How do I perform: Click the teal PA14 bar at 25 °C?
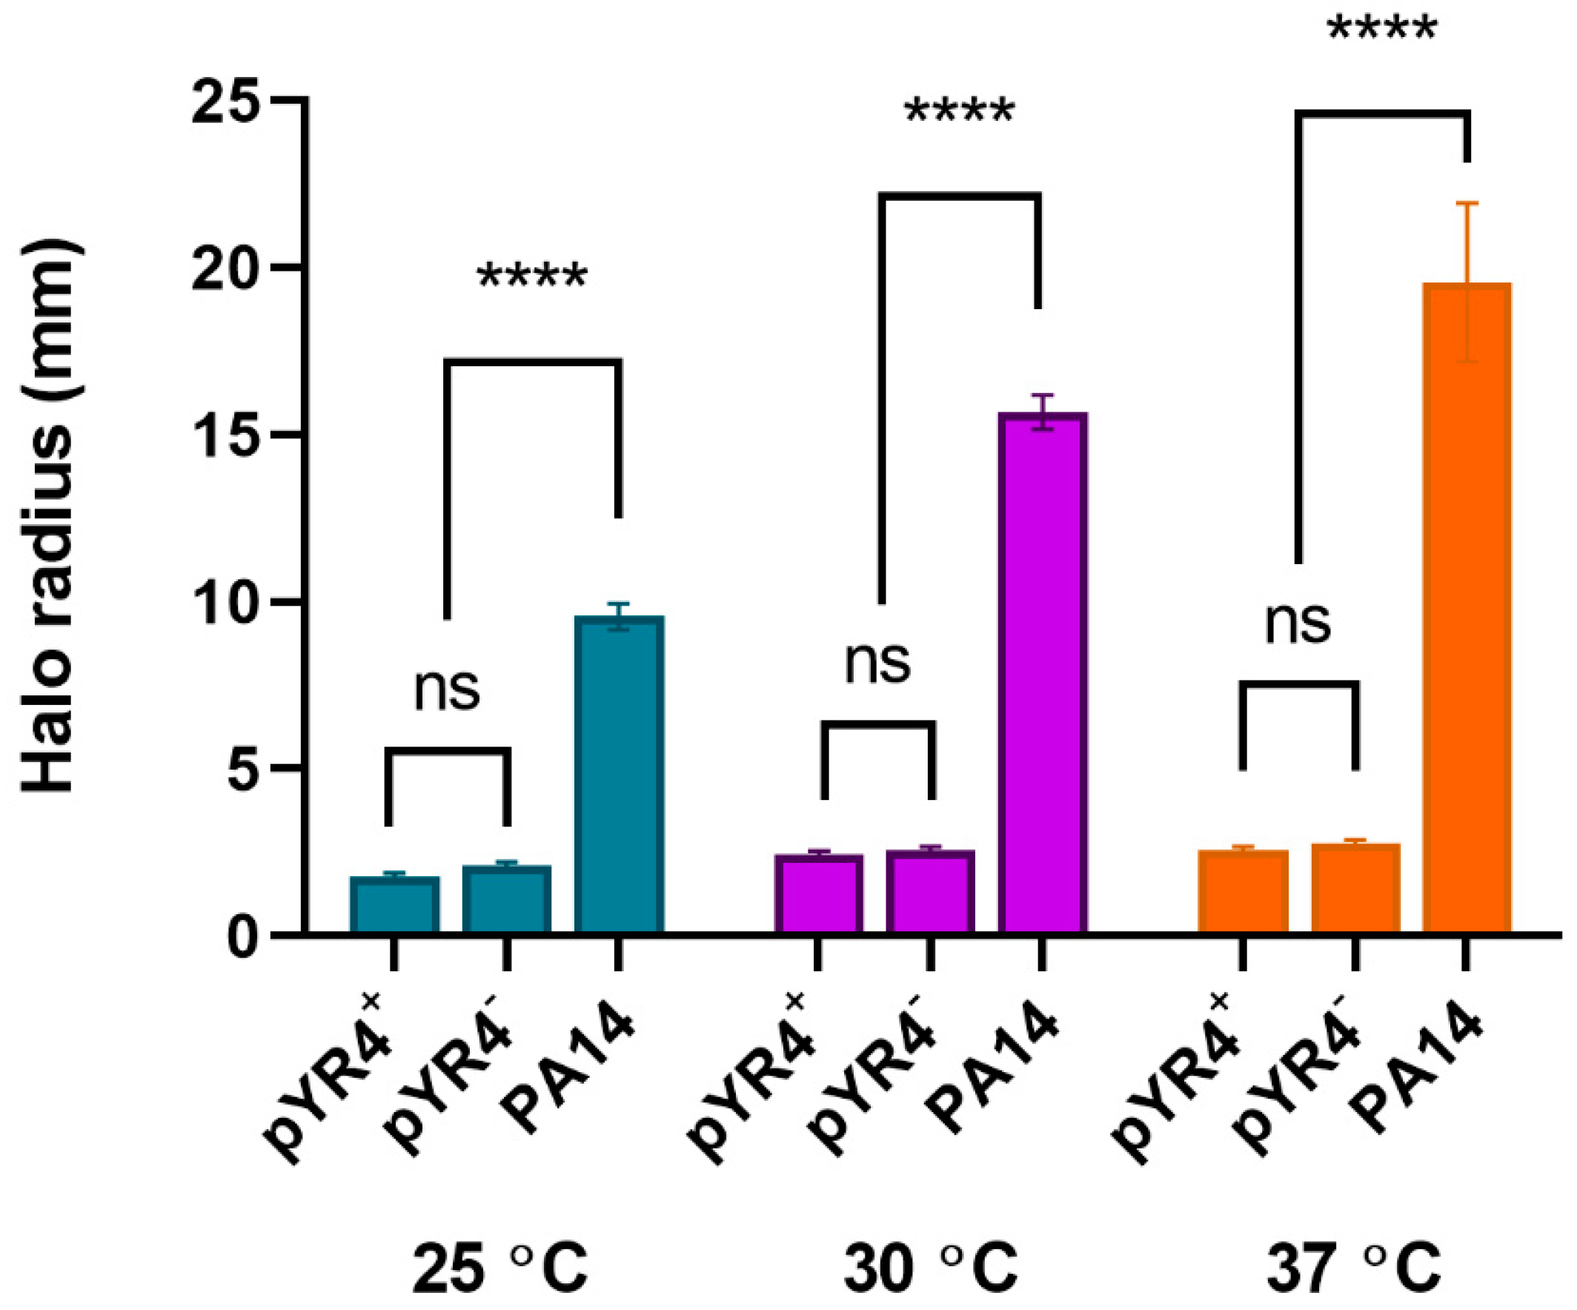coord(619,774)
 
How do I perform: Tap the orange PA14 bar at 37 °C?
coord(1467,609)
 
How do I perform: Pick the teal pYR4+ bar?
coord(394,905)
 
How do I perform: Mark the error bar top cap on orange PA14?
coord(1467,204)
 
